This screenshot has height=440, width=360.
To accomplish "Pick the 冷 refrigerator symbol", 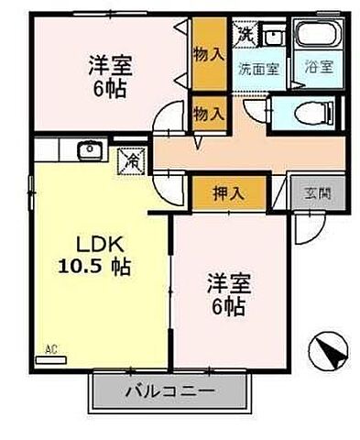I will [x=131, y=161].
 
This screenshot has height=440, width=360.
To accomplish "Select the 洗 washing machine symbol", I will [x=245, y=36].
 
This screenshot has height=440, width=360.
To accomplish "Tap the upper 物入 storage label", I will [x=208, y=53].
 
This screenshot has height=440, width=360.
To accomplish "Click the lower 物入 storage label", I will [x=208, y=113].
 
